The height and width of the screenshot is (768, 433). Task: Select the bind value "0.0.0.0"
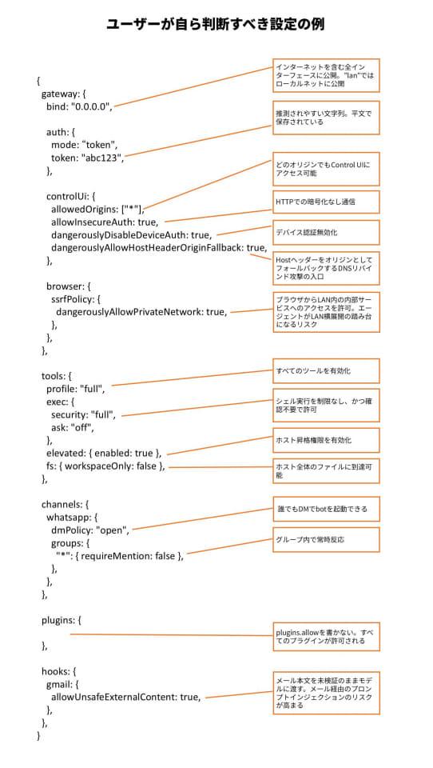point(92,107)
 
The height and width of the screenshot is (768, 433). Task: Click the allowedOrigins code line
point(97,210)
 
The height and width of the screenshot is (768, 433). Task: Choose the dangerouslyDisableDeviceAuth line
point(132,235)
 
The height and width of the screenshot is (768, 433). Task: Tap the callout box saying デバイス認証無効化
point(326,232)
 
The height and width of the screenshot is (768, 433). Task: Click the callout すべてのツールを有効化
point(326,370)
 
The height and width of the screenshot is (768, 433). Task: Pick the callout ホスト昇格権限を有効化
point(326,440)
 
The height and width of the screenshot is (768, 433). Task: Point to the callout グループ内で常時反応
point(326,539)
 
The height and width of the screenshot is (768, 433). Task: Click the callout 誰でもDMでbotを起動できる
point(326,509)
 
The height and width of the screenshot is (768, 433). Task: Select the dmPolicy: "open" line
point(90,530)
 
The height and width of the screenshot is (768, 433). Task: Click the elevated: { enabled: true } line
point(104,454)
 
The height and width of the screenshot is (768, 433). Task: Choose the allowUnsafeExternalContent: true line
point(125,697)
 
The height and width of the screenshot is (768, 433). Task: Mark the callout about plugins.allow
point(326,637)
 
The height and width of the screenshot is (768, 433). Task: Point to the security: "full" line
point(84,415)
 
